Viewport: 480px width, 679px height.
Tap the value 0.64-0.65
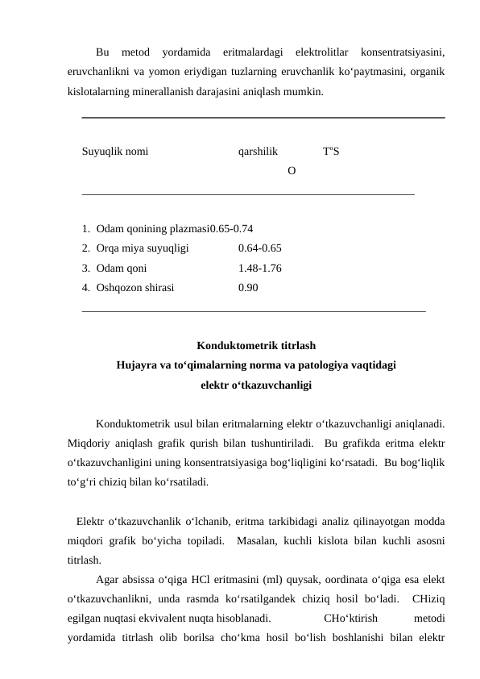[259, 248]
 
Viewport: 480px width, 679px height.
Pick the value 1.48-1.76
[259, 269]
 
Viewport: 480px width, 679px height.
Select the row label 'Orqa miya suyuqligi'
[142, 248]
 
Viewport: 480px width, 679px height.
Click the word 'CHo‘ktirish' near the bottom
[350, 618]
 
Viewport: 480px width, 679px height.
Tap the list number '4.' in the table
[85, 289]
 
